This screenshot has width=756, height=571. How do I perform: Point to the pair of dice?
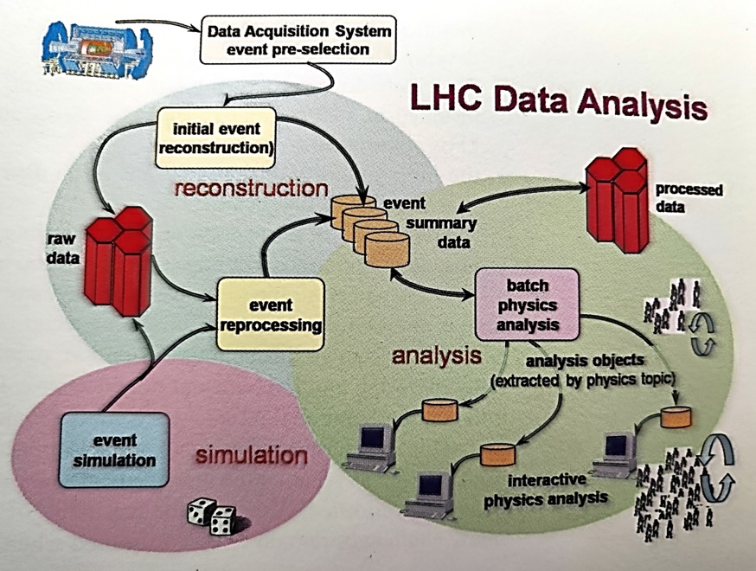click(211, 518)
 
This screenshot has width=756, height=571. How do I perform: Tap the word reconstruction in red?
click(251, 188)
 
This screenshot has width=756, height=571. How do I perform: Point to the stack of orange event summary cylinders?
click(374, 228)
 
